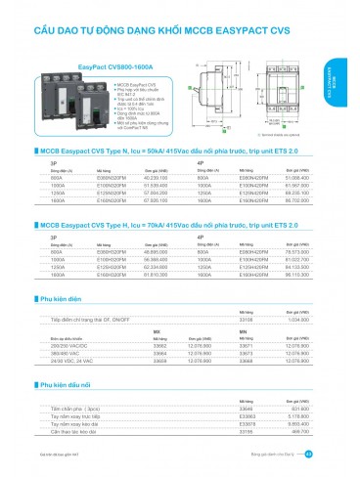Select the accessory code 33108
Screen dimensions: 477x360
247,319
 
